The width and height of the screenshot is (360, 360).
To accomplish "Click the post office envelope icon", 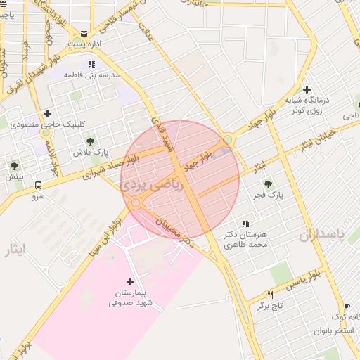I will pyautogui.click(x=84, y=33).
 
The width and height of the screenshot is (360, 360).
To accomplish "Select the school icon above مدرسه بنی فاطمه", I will pyautogui.click(x=91, y=64).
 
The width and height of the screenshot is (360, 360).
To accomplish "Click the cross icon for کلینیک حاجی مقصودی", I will pyautogui.click(x=47, y=113).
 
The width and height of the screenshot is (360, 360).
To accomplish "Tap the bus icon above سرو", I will pyautogui.click(x=37, y=186).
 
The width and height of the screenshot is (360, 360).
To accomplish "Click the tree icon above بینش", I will pyautogui.click(x=14, y=166).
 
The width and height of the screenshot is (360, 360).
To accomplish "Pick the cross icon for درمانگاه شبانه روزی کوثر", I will pyautogui.click(x=307, y=89).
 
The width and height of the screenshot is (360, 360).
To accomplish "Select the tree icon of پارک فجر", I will pyautogui.click(x=267, y=185).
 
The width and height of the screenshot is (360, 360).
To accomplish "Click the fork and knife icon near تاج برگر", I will pyautogui.click(x=269, y=295).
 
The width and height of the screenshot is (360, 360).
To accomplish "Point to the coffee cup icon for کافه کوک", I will pyautogui.click(x=346, y=307).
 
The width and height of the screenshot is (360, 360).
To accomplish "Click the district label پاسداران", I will pyautogui.click(x=331, y=234).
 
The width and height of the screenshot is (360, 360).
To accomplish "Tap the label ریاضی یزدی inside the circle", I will pyautogui.click(x=151, y=185).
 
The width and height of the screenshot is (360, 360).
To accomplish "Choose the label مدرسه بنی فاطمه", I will pyautogui.click(x=91, y=74).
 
